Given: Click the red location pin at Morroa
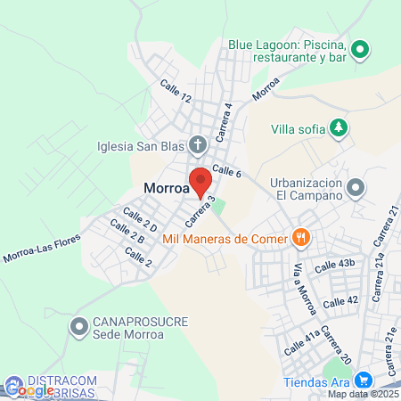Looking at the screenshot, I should click(x=200, y=179).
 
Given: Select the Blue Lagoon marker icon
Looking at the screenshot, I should click(x=361, y=50).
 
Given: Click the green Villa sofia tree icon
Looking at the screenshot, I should click(x=339, y=128).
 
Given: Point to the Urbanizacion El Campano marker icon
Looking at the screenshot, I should click(x=356, y=188).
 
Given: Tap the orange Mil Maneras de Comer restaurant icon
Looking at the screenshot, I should click(x=302, y=238).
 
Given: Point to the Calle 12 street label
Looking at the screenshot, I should click(x=176, y=91).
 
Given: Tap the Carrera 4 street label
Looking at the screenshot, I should click(x=228, y=117).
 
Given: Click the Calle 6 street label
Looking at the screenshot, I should click(x=227, y=171).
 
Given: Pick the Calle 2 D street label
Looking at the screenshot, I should click(x=140, y=219).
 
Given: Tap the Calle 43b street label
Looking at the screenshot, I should click(x=335, y=265).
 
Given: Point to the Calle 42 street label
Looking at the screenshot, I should click(x=340, y=301).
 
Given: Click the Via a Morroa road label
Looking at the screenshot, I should click(x=301, y=282).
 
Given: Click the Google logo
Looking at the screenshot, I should click(x=29, y=389).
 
